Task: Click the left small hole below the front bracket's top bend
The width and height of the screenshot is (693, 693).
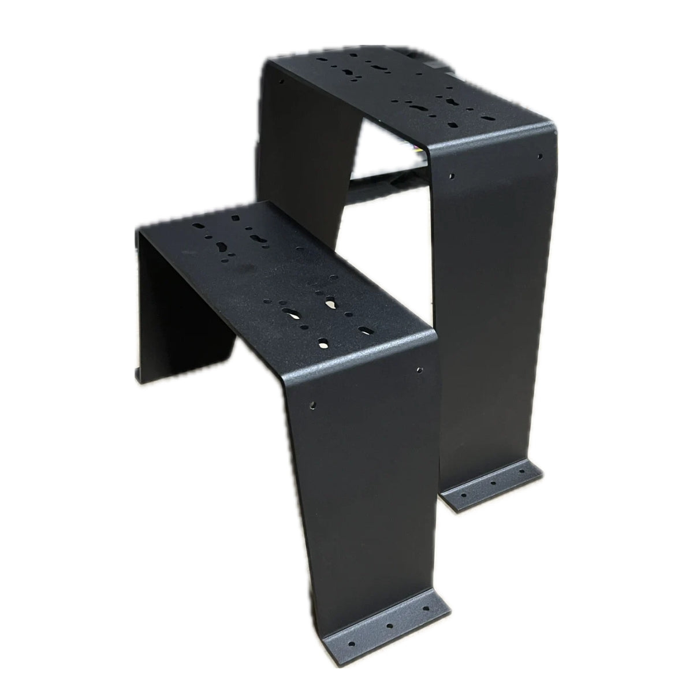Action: [x=314, y=403]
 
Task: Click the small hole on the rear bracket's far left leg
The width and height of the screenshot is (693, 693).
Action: [x=281, y=81]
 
